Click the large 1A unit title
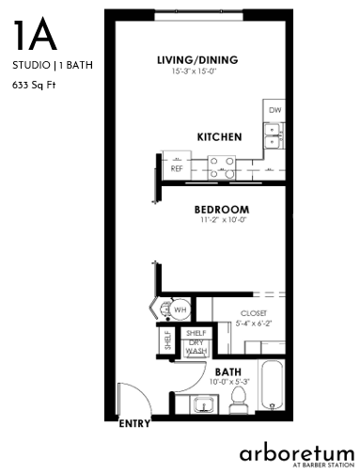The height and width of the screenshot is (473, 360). point(35,35)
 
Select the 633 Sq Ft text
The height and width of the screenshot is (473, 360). point(34,85)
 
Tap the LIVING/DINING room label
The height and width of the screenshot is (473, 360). point(197,60)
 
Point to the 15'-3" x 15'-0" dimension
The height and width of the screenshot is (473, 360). point(195,71)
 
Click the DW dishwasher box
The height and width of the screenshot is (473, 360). point(274,110)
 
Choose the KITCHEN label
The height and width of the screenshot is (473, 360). point(219,137)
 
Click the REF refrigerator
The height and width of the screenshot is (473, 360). point(177,166)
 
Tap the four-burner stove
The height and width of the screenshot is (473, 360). point(222,168)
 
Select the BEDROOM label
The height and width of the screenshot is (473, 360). point(222,210)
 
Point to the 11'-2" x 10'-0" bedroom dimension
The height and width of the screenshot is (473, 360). point(224,220)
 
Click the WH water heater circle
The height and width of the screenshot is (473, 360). point(180,310)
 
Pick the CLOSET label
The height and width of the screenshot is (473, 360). point(254,313)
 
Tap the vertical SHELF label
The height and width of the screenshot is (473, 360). point(168,340)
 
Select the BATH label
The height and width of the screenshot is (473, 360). point(228,372)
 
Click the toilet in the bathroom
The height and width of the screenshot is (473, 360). point(239,400)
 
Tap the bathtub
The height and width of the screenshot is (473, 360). point(272,385)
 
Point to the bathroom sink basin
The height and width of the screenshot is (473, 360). point(205,404)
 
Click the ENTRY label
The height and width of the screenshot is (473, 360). point(134,424)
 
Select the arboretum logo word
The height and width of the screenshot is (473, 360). point(297,453)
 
